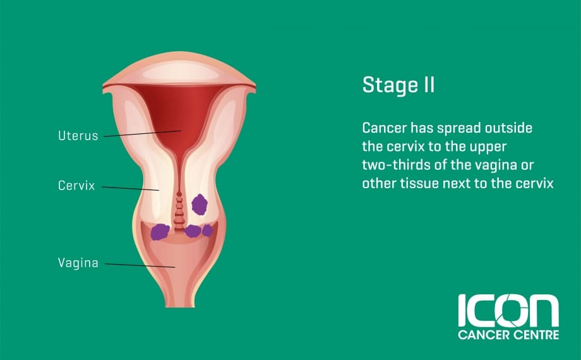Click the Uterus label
(x=78, y=136)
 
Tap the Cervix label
(x=76, y=186)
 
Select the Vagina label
(x=78, y=263)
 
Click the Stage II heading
(x=398, y=85)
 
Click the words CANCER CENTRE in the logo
(x=508, y=335)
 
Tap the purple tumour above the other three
(x=200, y=204)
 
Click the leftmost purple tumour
(x=160, y=232)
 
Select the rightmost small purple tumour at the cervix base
(x=208, y=231)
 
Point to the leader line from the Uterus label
(x=142, y=133)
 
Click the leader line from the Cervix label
(x=131, y=188)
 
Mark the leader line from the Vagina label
(x=140, y=265)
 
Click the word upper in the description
(x=488, y=147)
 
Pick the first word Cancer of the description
(x=384, y=128)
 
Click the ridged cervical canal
(x=179, y=212)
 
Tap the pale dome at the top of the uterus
(x=179, y=71)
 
